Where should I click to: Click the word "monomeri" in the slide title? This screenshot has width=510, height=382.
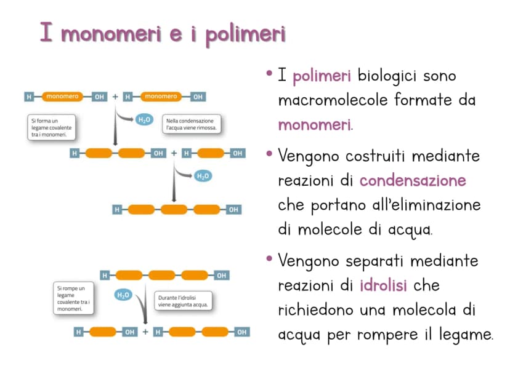(111, 34)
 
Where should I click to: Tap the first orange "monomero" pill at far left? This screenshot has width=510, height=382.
(62, 97)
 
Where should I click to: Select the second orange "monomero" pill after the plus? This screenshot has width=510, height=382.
(161, 97)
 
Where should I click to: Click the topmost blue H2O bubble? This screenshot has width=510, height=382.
(144, 119)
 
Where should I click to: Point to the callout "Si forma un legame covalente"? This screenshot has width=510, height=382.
(51, 127)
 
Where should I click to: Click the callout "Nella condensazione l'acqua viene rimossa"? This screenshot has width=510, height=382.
(191, 124)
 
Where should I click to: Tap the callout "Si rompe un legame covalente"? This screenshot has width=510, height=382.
(73, 298)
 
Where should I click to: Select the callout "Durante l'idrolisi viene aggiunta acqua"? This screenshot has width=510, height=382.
(183, 301)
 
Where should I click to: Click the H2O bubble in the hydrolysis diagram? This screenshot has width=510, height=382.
(123, 295)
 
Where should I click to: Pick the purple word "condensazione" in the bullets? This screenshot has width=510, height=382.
(413, 181)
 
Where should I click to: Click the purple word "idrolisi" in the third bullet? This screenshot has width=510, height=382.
(384, 285)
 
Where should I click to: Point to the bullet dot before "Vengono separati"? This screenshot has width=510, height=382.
(269, 258)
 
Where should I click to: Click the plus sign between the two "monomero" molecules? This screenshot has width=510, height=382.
(115, 97)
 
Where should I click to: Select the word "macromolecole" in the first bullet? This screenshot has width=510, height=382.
(333, 100)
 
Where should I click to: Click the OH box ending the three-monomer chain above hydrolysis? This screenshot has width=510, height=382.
(222, 276)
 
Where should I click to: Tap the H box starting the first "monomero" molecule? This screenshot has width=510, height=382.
(30, 97)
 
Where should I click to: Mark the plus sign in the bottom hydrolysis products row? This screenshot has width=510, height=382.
(145, 332)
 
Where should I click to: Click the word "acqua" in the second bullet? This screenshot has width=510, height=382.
(410, 230)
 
